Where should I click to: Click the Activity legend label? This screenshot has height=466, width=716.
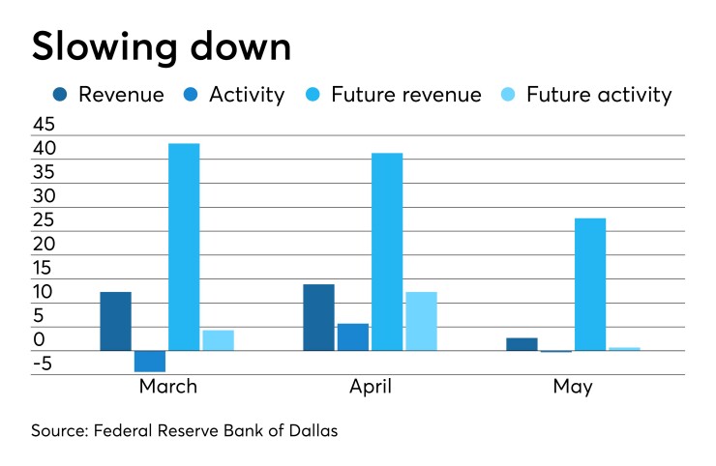[247, 95]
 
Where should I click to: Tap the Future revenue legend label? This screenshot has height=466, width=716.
[405, 95]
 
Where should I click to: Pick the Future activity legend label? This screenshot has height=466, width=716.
[598, 95]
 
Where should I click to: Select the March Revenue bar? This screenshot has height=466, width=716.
[115, 321]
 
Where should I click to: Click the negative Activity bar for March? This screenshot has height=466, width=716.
[150, 361]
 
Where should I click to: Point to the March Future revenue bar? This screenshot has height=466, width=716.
[184, 247]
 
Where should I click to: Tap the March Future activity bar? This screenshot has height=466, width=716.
[218, 340]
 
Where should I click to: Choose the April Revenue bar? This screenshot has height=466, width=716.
[318, 317]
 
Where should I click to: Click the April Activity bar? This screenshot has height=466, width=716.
[353, 336]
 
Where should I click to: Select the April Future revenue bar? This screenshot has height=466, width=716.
[387, 251]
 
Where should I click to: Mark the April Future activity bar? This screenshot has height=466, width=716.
[421, 321]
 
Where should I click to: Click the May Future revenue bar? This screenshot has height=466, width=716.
[590, 284]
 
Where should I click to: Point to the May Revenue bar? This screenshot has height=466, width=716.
[522, 344]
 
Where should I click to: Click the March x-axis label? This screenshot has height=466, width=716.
[167, 387]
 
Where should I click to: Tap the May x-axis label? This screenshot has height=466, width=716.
[573, 387]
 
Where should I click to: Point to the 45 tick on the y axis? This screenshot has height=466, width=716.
[45, 126]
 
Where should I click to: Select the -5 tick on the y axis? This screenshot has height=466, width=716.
[45, 364]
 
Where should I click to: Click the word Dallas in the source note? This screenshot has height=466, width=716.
[311, 431]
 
